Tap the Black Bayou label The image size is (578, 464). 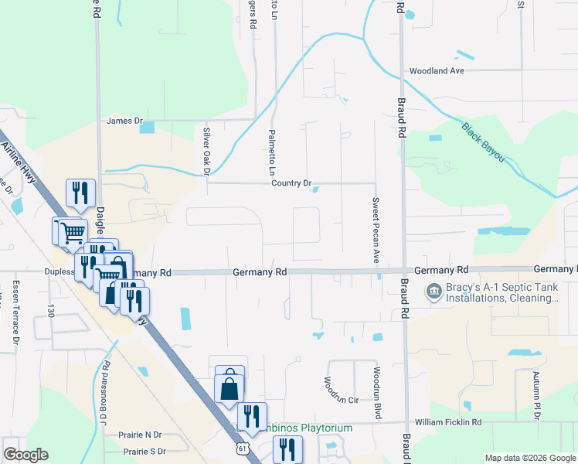click(483, 142)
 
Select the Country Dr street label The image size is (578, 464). click(291, 183)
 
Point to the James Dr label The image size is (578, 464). click(125, 121)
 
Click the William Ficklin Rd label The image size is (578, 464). click(448, 423)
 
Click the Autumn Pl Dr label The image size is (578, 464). click(535, 395)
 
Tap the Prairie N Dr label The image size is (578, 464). click(135, 435)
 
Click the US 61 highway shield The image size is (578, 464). click(244, 448)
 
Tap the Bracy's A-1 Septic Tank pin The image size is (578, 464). click(432, 292)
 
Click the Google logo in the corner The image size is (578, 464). click(25, 455)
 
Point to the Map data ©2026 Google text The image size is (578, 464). click(529, 458)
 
